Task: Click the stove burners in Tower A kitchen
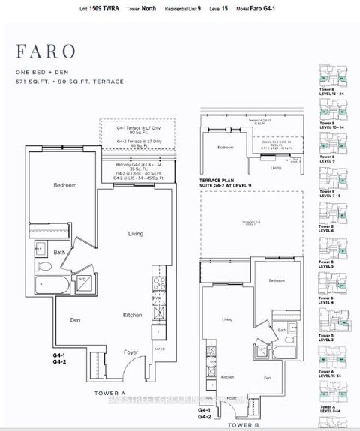point(158,284)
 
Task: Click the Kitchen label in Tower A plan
point(133,316)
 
